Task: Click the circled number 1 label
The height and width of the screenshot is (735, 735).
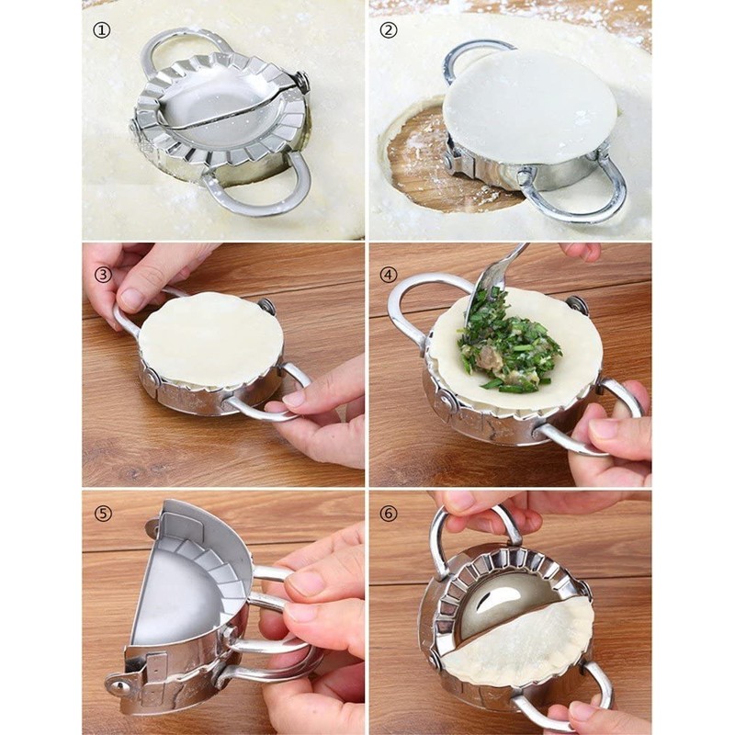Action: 101,30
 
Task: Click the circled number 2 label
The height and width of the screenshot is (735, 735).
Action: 389,30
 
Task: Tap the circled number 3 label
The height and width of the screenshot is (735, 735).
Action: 101,273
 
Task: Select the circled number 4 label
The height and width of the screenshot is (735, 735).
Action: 389,273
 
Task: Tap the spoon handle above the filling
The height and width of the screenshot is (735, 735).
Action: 514,262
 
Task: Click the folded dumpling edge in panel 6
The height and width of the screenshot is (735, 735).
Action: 524,643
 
